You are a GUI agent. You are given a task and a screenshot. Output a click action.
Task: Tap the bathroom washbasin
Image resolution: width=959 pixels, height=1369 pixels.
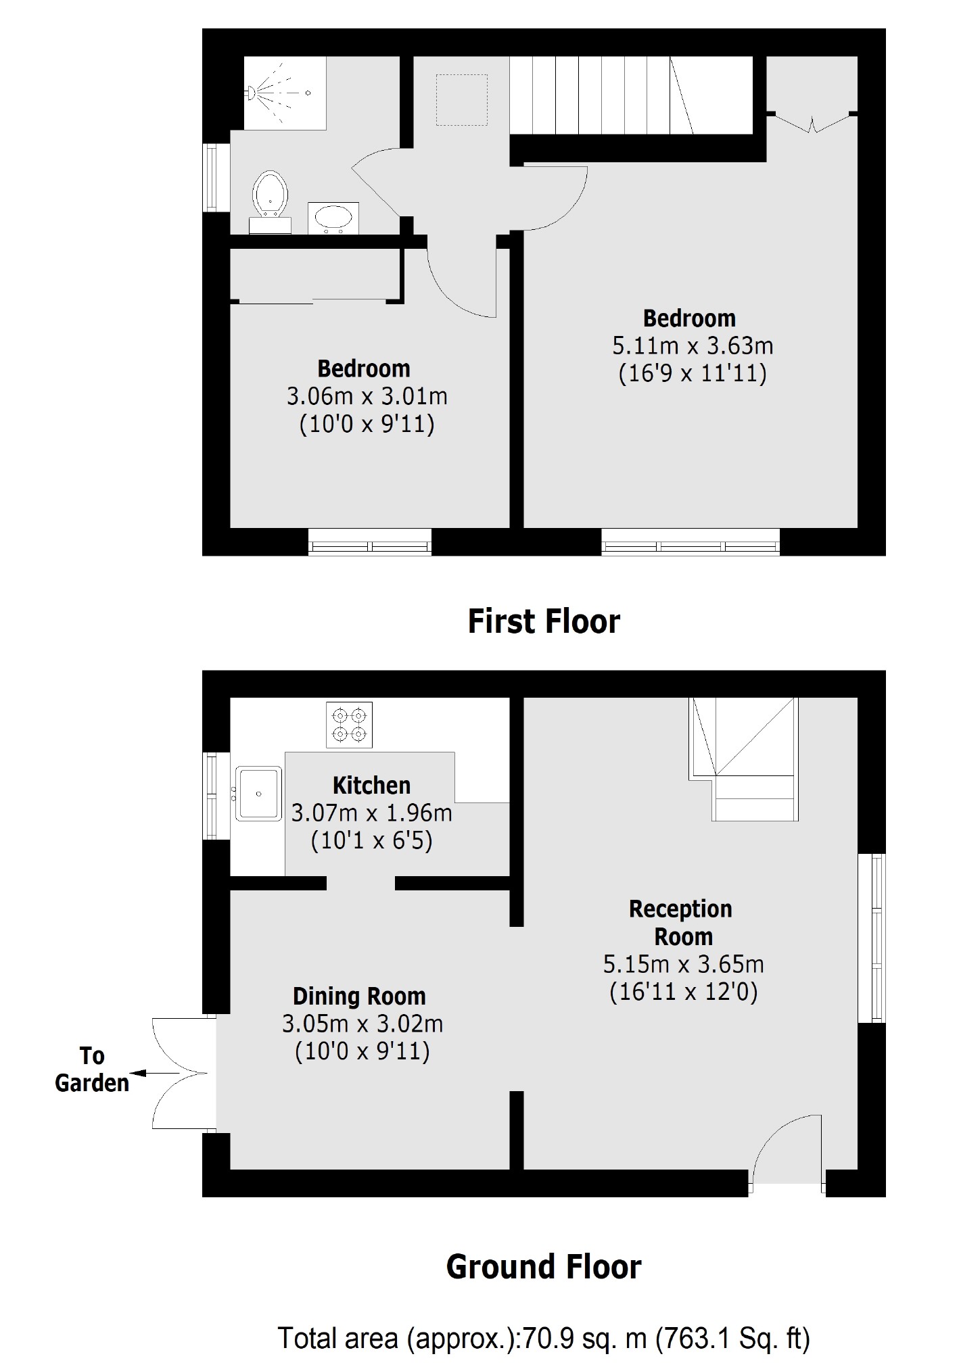333,218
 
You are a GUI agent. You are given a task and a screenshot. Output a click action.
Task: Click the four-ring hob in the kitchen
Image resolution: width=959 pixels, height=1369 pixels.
349,725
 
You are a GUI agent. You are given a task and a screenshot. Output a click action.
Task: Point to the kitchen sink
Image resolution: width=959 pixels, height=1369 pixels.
258,793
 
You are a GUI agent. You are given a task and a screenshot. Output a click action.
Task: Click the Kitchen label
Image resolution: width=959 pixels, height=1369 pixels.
371,785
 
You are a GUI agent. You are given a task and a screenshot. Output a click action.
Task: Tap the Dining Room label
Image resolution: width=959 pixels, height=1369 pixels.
359,996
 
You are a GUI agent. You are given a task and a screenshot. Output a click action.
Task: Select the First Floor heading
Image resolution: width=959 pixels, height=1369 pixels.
544,621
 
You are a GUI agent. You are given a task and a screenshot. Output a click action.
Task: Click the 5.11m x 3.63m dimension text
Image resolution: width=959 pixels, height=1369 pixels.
693,346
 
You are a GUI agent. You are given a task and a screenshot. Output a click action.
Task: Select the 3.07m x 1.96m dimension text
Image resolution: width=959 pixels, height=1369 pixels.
371,813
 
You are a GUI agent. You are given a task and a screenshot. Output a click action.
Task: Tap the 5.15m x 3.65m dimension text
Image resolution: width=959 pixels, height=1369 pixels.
683,964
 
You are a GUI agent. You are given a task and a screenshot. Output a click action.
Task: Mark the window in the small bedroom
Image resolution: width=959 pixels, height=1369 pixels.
370,542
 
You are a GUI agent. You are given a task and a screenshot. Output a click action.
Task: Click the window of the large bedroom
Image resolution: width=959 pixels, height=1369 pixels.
691,542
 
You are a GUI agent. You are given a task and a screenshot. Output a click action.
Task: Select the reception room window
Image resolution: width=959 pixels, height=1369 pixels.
872,938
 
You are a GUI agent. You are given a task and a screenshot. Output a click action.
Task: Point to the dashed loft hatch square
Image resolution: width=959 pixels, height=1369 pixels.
462,100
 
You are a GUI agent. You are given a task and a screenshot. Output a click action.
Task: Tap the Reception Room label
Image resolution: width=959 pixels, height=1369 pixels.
681,923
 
